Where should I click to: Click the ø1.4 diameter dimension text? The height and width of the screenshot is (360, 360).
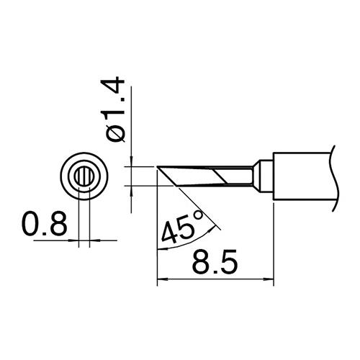[x=112, y=110]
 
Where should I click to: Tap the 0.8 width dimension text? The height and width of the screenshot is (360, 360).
[x=45, y=223]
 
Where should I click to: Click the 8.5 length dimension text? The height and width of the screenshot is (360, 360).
[x=215, y=262]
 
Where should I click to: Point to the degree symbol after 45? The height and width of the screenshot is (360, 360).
[x=199, y=215]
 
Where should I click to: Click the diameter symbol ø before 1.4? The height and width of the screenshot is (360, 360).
[x=116, y=134]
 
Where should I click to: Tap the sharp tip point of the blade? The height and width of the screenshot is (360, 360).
[x=157, y=166]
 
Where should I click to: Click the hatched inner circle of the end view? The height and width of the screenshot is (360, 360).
[x=84, y=176]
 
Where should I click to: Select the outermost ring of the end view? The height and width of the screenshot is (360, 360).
[x=84, y=153]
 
